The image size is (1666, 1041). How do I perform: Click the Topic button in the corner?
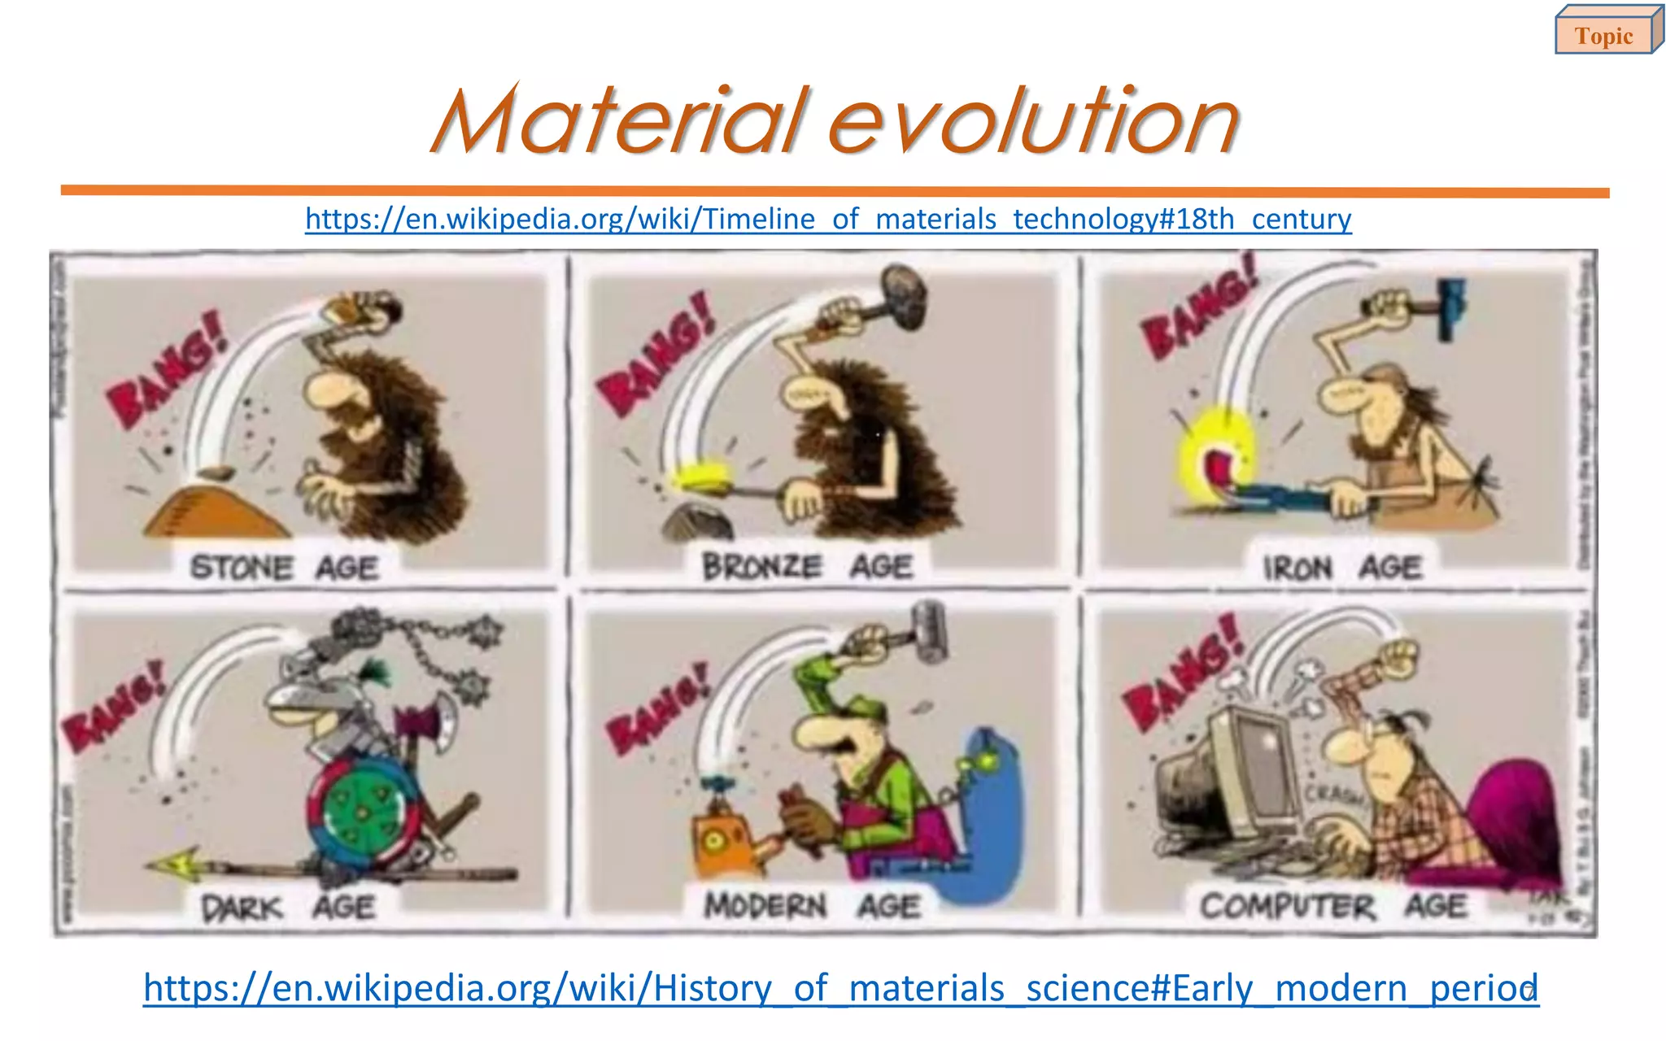click(x=1603, y=36)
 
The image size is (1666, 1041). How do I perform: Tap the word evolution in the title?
click(x=1033, y=122)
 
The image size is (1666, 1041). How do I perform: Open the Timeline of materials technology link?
click(x=828, y=219)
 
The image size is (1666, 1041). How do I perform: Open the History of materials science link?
click(x=840, y=988)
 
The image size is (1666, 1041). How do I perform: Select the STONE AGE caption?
click(x=284, y=567)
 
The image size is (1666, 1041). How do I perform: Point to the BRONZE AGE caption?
click(x=807, y=566)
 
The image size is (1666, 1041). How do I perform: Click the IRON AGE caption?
click(x=1342, y=567)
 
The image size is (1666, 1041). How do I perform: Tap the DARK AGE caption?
click(x=288, y=907)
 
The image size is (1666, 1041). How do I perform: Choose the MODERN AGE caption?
click(x=812, y=905)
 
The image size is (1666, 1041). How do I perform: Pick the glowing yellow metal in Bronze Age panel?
click(x=701, y=477)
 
